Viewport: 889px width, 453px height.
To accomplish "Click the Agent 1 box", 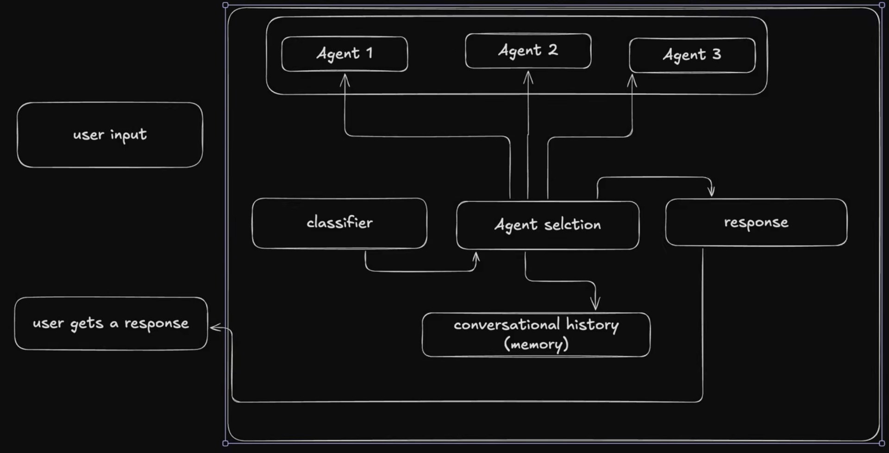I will [x=344, y=54].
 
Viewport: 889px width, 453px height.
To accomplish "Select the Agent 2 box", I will [x=528, y=50].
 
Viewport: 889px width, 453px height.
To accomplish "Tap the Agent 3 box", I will [x=692, y=55].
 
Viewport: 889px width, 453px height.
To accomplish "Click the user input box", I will [x=110, y=135].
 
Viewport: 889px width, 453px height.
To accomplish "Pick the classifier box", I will [x=339, y=223].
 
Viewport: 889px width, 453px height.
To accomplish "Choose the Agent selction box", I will [x=548, y=225].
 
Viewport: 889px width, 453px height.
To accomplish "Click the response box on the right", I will [x=756, y=223].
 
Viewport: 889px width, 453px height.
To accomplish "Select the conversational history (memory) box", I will [x=536, y=335].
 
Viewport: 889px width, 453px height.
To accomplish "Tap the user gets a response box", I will [x=111, y=323].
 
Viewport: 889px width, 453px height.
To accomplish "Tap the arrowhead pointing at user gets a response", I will [x=214, y=328].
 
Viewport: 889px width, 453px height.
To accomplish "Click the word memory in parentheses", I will [x=536, y=344].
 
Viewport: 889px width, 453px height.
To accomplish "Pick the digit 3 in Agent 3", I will [x=717, y=54].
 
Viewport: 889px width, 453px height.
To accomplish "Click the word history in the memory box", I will [x=592, y=325].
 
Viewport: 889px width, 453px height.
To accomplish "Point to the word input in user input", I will [x=128, y=135].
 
